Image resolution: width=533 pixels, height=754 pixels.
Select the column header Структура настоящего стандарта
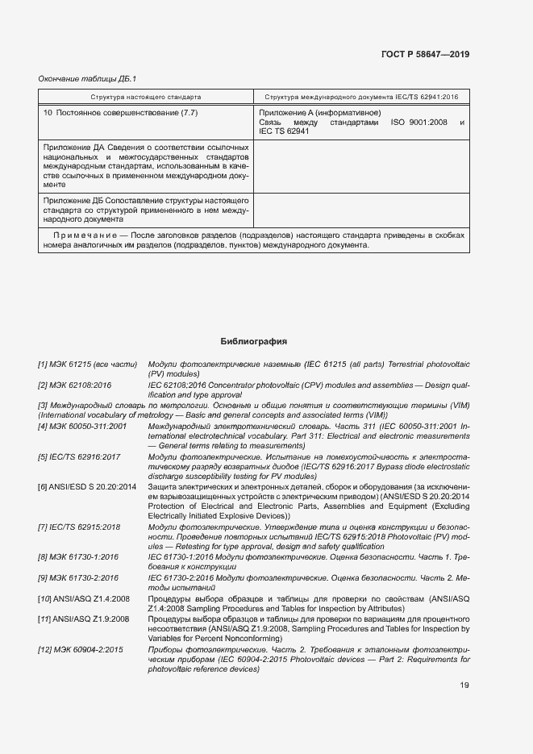(x=146, y=97)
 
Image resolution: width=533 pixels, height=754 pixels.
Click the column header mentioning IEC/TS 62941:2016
(x=361, y=97)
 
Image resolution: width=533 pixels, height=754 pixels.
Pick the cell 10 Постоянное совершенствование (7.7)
(x=113, y=113)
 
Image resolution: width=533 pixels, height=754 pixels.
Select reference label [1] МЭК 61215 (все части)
(x=87, y=365)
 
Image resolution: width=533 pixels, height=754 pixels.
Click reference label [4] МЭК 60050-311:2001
(x=82, y=425)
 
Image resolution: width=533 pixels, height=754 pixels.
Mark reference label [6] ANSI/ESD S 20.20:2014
(x=87, y=487)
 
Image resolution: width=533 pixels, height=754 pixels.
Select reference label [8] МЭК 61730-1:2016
(x=78, y=556)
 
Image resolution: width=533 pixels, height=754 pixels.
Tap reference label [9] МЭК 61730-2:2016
(x=78, y=577)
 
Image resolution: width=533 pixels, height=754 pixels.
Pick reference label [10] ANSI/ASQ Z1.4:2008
(x=83, y=598)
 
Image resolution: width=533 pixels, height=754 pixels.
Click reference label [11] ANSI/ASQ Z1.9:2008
(x=83, y=619)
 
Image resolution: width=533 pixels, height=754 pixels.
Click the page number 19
(x=464, y=685)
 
